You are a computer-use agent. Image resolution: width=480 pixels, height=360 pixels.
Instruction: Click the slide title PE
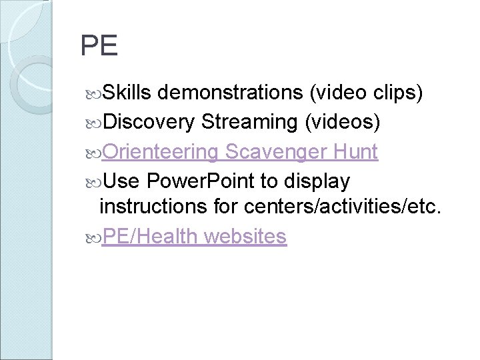99,46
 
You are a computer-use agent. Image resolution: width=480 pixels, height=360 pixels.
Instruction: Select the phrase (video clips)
365,94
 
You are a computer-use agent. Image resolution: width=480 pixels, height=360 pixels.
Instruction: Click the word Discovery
149,122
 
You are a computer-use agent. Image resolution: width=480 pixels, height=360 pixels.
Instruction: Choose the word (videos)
342,122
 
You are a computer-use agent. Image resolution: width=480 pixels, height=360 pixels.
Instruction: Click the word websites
246,236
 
